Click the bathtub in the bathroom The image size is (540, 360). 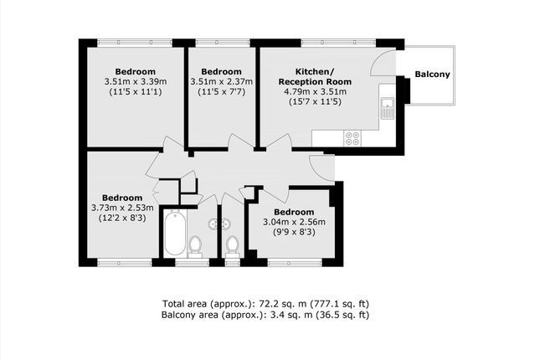(176, 234)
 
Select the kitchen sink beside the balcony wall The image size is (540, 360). (387, 107)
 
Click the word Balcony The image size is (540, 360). (432, 75)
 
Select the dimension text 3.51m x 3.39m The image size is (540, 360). (136, 81)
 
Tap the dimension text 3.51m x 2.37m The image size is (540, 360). (222, 81)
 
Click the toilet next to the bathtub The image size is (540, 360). (195, 246)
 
